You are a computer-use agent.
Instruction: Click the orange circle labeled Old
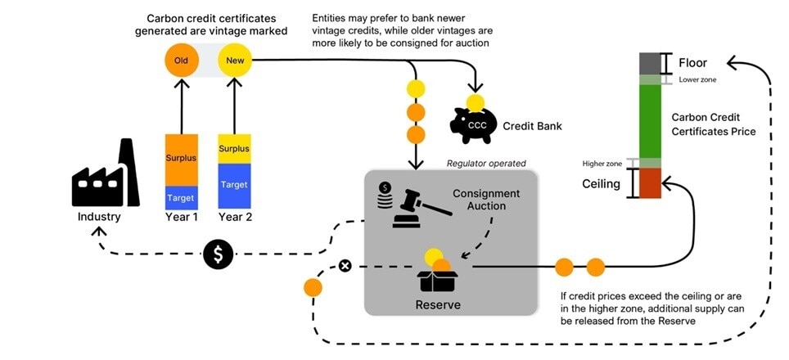coord(181,60)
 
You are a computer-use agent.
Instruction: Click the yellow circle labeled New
coord(235,60)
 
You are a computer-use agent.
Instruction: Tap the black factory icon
coord(103,175)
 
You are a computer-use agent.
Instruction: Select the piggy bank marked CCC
coord(479,125)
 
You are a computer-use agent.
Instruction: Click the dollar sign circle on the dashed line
coord(218,254)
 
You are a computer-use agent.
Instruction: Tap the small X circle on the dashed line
coord(345,266)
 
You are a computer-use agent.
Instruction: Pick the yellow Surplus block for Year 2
coord(234,149)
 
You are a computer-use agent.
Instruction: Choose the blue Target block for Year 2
coord(234,186)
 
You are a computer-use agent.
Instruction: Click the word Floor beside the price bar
coord(692,63)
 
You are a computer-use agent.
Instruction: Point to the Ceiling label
coord(602,183)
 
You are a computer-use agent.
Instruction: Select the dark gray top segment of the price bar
coord(650,63)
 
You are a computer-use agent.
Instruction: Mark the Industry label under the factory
coord(99,217)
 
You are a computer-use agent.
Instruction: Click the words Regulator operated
coord(485,164)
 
